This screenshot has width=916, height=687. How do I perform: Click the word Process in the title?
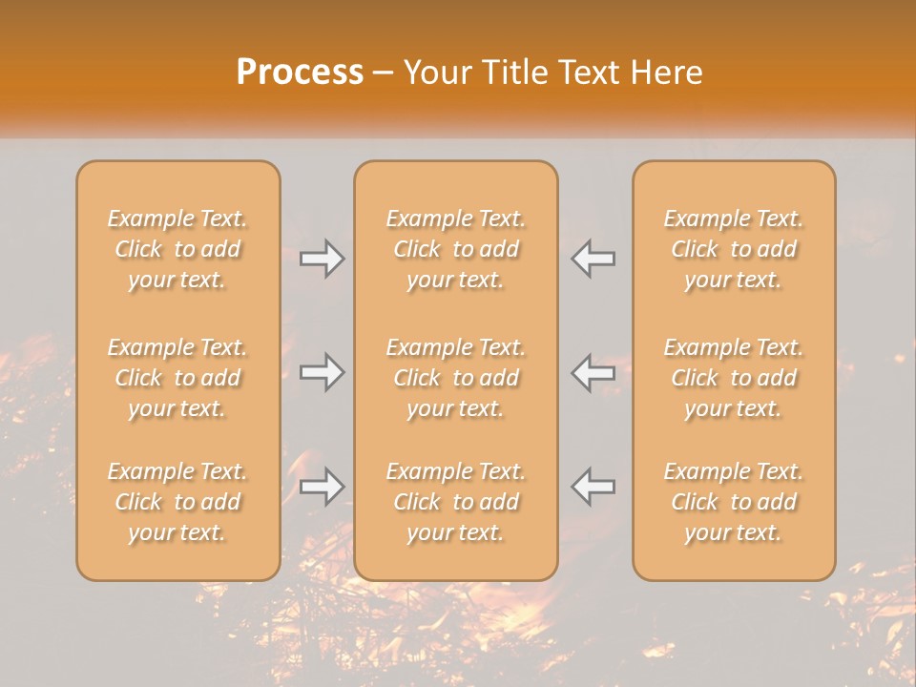click(300, 73)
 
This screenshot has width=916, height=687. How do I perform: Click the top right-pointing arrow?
click(323, 259)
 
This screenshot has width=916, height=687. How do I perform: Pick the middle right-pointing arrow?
click(323, 372)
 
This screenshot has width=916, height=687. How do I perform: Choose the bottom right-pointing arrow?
click(323, 487)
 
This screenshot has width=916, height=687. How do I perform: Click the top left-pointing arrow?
click(593, 259)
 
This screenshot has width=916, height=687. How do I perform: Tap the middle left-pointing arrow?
click(593, 372)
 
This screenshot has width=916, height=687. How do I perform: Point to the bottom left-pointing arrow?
click(593, 487)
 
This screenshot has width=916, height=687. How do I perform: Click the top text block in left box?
click(177, 249)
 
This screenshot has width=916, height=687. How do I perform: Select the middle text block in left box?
click(177, 378)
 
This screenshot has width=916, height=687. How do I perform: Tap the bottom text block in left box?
click(177, 502)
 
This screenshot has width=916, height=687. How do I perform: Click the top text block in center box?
click(456, 249)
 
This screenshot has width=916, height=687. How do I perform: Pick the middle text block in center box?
click(456, 378)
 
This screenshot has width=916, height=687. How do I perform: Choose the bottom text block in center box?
click(456, 502)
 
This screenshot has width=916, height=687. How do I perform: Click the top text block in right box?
click(734, 249)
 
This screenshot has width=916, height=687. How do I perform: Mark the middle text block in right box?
click(734, 378)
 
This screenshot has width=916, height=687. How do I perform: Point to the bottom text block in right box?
click(734, 502)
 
